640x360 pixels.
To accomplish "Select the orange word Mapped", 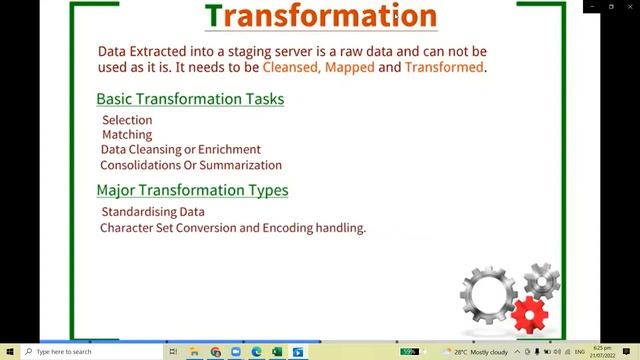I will (x=349, y=67).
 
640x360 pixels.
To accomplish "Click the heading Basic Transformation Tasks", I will (x=189, y=99).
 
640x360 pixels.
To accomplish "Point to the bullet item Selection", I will (x=127, y=120).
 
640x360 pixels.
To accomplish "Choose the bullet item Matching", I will (x=127, y=134).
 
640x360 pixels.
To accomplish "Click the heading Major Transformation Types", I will (x=192, y=190).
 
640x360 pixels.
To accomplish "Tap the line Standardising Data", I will (x=153, y=212).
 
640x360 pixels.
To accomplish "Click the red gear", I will (x=530, y=316).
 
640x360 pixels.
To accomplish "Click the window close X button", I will (x=627, y=6).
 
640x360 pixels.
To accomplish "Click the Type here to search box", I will (x=90, y=352).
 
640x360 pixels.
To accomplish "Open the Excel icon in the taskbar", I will (x=277, y=352).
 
